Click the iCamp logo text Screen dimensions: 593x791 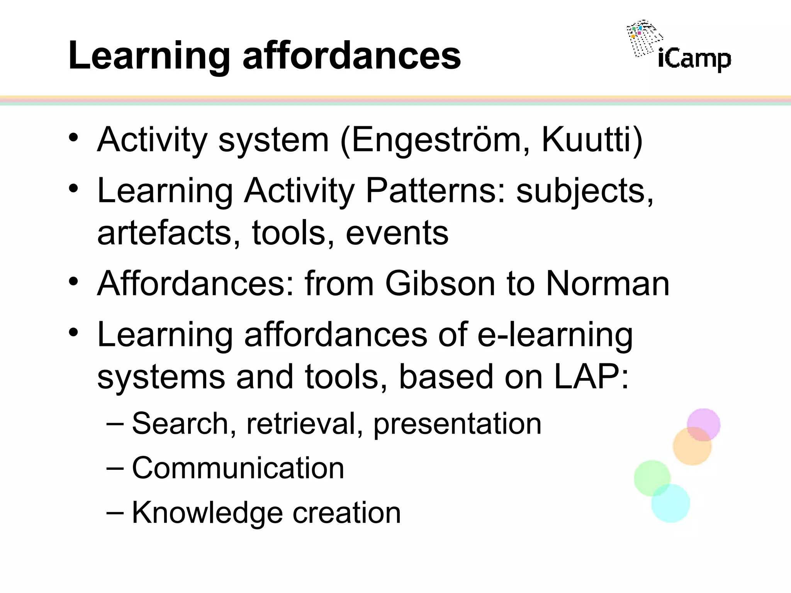coord(694,60)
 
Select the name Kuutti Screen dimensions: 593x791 coord(586,140)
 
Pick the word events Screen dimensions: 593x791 coord(397,233)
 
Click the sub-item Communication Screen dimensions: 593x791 coord(238,468)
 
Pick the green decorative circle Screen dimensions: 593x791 coord(651,477)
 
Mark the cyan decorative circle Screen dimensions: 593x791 coord(671,504)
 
